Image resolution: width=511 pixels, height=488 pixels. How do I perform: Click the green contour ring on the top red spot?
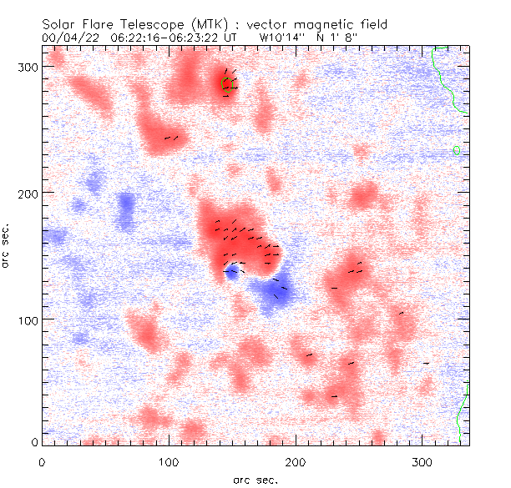(227, 83)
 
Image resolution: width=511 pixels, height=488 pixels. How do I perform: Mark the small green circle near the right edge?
(457, 150)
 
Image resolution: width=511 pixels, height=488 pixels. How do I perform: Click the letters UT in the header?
(237, 38)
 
